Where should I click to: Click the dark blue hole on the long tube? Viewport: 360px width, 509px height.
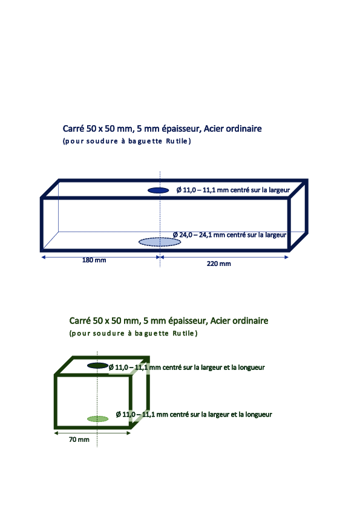click(159, 190)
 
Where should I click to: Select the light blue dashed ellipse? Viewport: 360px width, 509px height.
click(160, 242)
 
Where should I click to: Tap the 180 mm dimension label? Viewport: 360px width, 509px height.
click(94, 260)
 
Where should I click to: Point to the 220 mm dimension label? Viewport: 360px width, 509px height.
click(218, 264)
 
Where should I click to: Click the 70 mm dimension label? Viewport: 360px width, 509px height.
click(79, 439)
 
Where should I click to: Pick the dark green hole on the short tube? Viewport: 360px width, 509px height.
click(98, 366)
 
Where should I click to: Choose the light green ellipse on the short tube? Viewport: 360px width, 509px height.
click(98, 419)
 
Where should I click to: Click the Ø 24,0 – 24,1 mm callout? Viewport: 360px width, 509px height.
click(229, 235)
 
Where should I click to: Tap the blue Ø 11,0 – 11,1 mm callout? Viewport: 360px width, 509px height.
click(233, 190)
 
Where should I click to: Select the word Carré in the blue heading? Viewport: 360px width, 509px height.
click(73, 129)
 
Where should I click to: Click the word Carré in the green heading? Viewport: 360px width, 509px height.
click(80, 321)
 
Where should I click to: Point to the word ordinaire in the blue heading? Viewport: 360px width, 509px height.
click(244, 129)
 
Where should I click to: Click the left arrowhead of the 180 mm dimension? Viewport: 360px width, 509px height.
click(43, 257)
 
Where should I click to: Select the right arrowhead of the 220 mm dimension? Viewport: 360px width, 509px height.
click(287, 257)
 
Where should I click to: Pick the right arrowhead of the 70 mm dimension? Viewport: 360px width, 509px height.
click(129, 433)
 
